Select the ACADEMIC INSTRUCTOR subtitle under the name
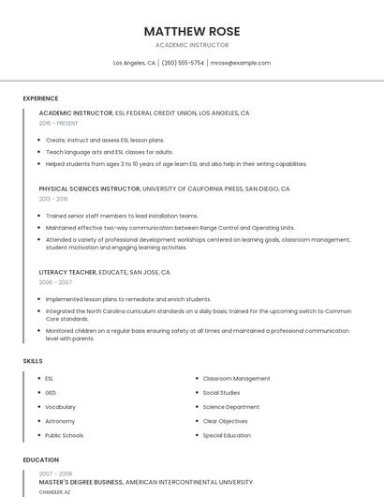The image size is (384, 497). pyautogui.click(x=191, y=45)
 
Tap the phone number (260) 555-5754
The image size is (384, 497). pyautogui.click(x=183, y=63)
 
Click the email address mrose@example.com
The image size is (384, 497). pyautogui.click(x=241, y=63)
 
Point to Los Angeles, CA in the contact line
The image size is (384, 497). pyautogui.click(x=134, y=63)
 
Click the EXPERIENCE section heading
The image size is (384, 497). pyautogui.click(x=40, y=98)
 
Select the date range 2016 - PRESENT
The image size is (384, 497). pyautogui.click(x=60, y=123)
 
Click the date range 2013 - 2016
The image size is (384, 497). pyautogui.click(x=53, y=199)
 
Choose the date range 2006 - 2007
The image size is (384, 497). pyautogui.click(x=55, y=282)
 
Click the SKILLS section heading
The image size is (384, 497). pyautogui.click(x=33, y=360)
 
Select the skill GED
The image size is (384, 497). pyautogui.click(x=51, y=392)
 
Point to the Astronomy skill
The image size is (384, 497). pyautogui.click(x=60, y=421)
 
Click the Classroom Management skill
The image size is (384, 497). pyautogui.click(x=236, y=378)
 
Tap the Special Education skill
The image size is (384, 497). pyautogui.click(x=227, y=435)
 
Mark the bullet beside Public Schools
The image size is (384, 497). pyautogui.click(x=36, y=435)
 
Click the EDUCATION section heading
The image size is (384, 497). pyautogui.click(x=40, y=459)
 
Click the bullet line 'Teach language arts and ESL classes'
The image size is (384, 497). pyautogui.click(x=109, y=151)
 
